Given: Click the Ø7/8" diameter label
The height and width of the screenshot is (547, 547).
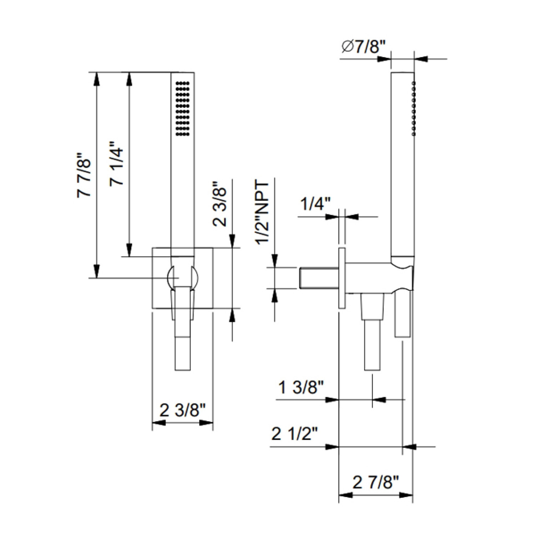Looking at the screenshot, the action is tap(363, 47).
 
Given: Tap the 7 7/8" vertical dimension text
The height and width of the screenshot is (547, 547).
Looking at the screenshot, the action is tap(85, 175).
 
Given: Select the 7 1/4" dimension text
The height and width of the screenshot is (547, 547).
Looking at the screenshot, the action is tap(117, 163).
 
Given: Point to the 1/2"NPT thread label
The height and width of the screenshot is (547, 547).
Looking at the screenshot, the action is tap(262, 213).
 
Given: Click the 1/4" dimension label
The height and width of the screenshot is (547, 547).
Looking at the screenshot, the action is tap(315, 204).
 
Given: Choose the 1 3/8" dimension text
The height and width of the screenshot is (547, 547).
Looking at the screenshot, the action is tap(301, 387).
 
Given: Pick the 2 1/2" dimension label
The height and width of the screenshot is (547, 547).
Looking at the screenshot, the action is tap(294, 434).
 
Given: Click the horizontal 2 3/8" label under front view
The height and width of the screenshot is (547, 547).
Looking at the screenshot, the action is tap(183, 410).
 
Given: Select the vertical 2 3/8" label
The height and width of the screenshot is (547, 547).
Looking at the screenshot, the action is tap(220, 204).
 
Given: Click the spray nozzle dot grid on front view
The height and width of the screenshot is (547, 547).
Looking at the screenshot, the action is tap(183, 108).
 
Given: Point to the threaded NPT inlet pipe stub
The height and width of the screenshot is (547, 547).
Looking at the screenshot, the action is tap(319, 278).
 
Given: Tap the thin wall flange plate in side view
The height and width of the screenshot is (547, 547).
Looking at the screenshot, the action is tap(342, 278).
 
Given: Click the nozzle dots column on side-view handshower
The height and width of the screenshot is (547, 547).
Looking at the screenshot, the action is tap(414, 108).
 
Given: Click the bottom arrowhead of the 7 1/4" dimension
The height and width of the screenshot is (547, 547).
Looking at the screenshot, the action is tap(129, 250).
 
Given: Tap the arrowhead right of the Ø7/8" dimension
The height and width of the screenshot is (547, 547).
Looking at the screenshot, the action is tap(421, 58).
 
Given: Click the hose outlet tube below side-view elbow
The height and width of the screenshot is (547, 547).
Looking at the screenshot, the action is tap(372, 332).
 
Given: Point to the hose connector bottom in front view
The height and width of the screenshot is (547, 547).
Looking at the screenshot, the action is tap(183, 353).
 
